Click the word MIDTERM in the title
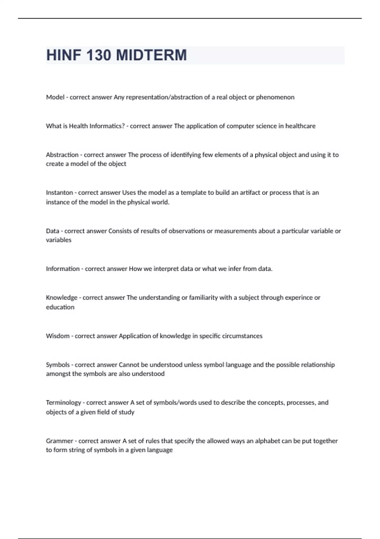[x=151, y=55]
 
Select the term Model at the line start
[x=55, y=97]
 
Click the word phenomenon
[x=275, y=97]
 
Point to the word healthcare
[x=300, y=126]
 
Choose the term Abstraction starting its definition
[x=62, y=155]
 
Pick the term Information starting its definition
[x=63, y=269]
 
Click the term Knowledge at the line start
[x=62, y=298]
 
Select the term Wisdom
[x=58, y=336]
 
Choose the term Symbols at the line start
[x=58, y=365]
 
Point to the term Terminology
[x=64, y=403]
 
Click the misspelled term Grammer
[x=60, y=441]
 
